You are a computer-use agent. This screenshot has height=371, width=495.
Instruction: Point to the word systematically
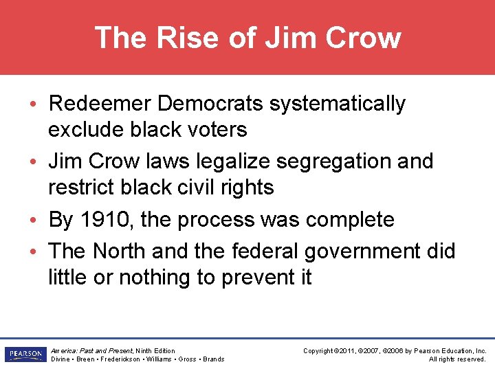(x=337, y=104)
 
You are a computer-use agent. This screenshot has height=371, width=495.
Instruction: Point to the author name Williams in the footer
(x=158, y=359)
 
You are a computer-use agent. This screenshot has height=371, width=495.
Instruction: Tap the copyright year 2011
(x=350, y=351)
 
